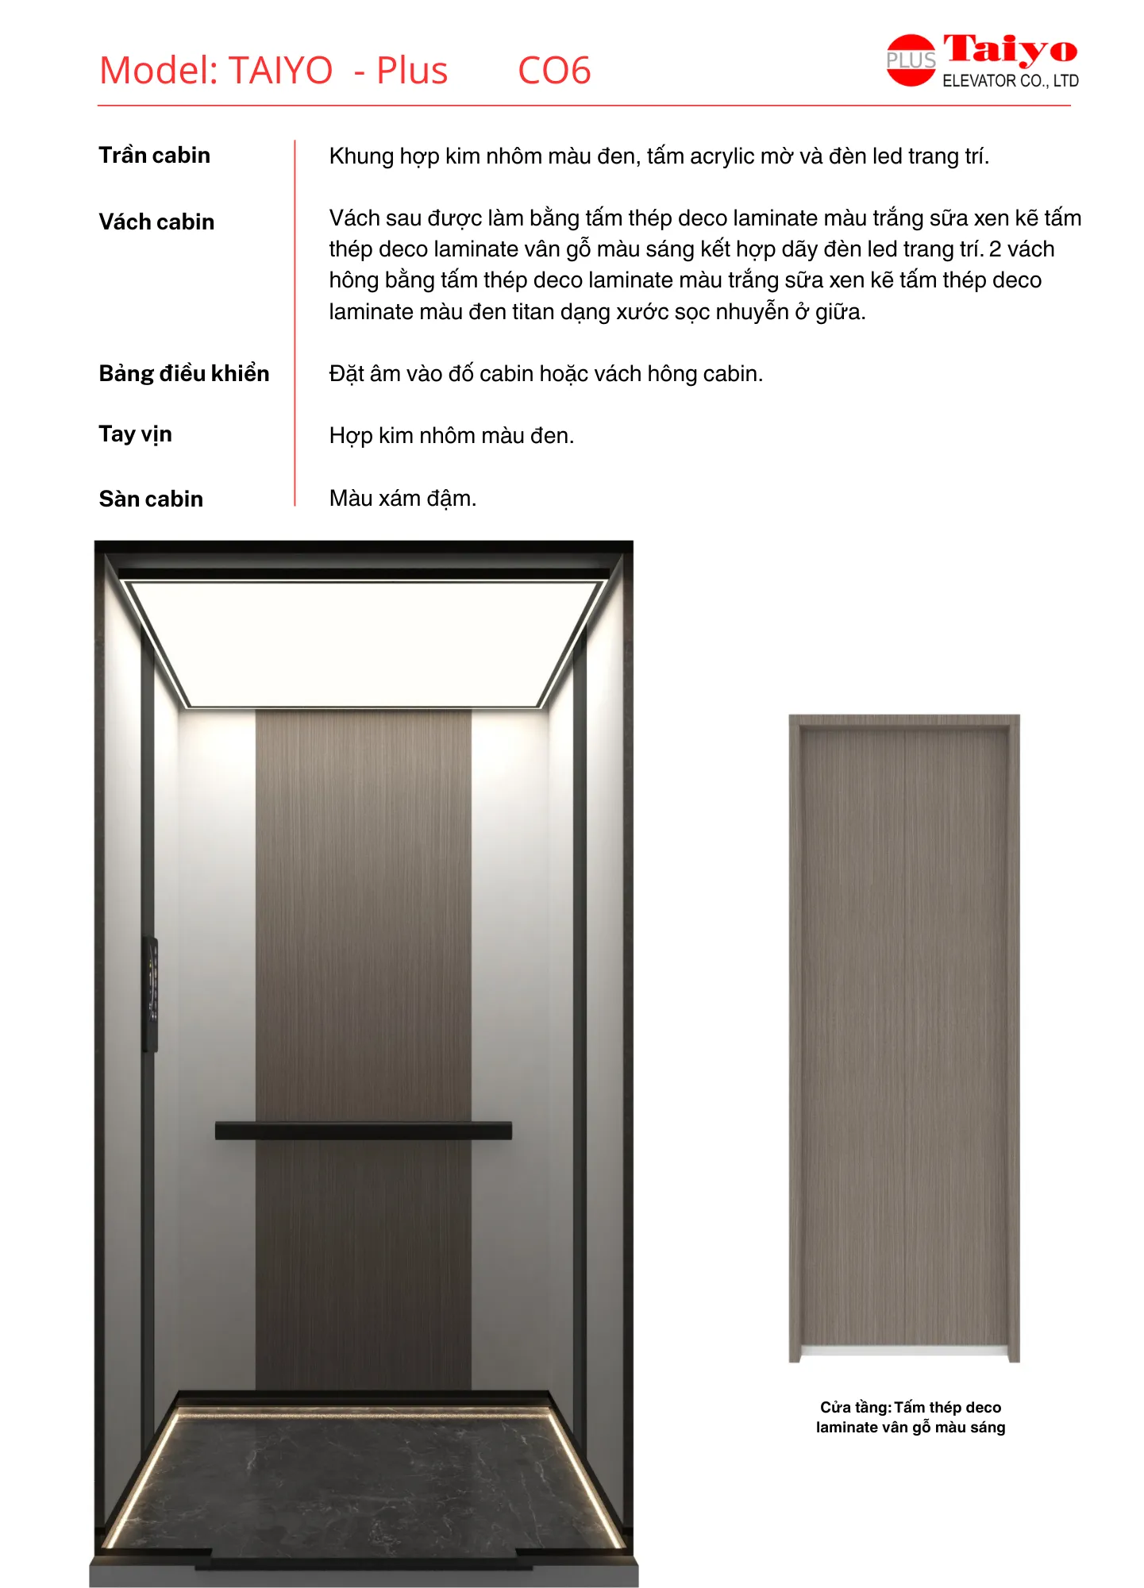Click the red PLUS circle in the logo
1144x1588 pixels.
click(910, 60)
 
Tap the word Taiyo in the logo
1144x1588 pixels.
click(1010, 50)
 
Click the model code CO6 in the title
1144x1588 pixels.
click(554, 71)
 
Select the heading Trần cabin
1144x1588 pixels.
click(154, 155)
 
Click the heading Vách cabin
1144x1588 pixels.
click(156, 222)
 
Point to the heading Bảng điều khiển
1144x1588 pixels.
click(183, 373)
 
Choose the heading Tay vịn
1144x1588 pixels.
click(135, 434)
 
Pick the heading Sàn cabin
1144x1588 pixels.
click(151, 499)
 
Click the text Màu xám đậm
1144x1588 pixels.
click(403, 499)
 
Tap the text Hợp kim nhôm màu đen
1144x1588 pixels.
click(451, 436)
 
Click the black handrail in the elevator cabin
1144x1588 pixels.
click(363, 1130)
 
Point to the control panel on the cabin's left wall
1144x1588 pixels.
click(151, 992)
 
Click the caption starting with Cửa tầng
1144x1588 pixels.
click(910, 1416)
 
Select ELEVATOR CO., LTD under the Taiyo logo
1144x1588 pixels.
click(1010, 81)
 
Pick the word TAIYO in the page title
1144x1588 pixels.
click(280, 71)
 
